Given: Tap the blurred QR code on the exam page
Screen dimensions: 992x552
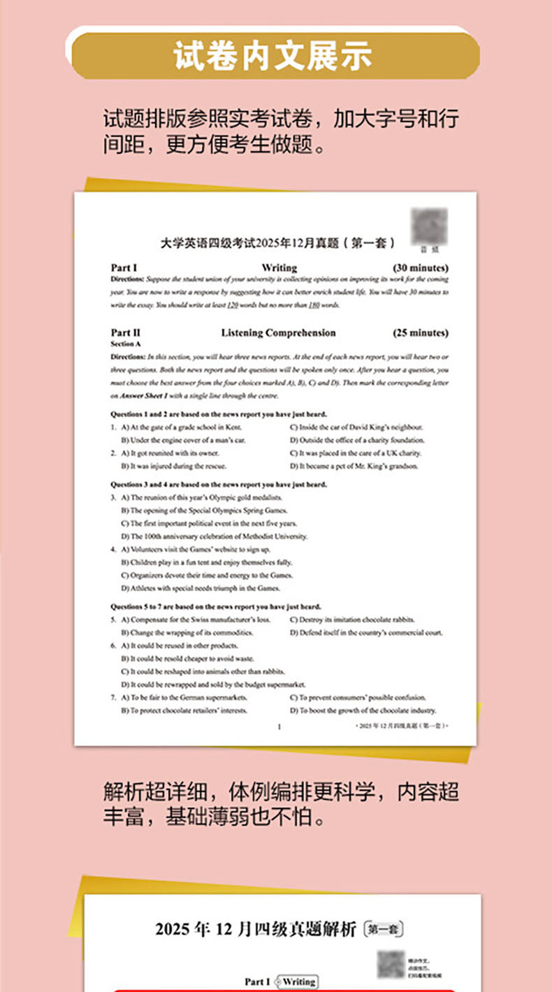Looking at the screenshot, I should click(429, 225).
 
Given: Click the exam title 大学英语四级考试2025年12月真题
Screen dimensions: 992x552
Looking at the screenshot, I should click(277, 243).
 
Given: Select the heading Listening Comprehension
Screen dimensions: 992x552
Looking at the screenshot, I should click(278, 333).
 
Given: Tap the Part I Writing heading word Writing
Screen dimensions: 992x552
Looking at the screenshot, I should click(279, 268).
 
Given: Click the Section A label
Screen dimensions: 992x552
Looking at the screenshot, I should click(126, 344).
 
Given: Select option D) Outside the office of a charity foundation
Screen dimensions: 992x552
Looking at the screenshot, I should click(357, 440).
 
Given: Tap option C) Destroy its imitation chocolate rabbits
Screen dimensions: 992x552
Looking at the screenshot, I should click(351, 620).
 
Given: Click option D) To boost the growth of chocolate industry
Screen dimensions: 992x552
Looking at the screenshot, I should click(363, 710).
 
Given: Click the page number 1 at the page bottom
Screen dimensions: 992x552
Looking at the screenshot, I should click(279, 727).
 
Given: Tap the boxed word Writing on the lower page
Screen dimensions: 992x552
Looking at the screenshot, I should click(299, 982).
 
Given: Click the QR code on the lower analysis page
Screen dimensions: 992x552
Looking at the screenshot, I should click(390, 963).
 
